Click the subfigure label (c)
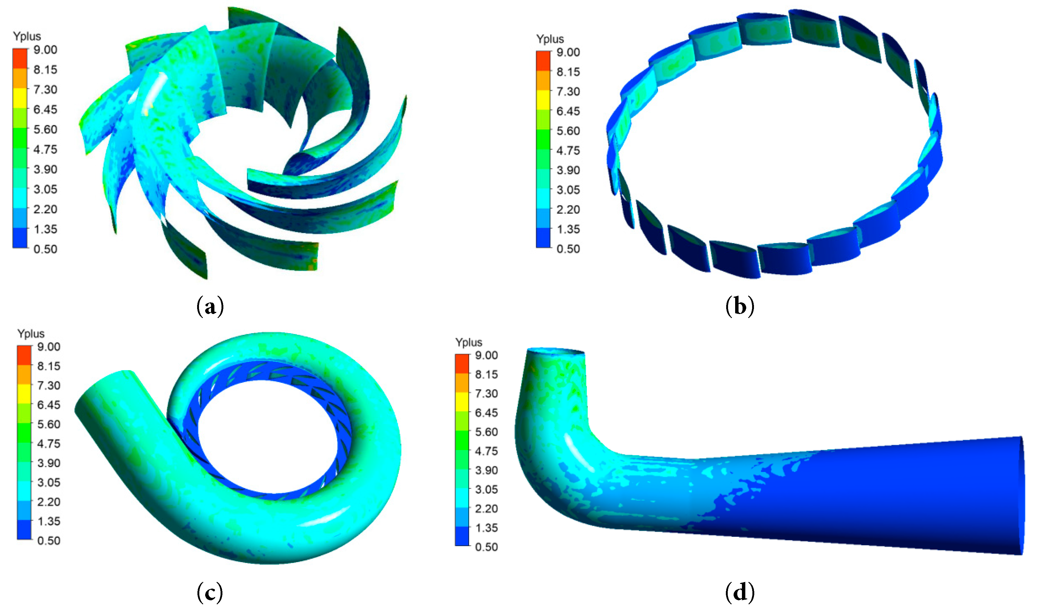tap(210, 592)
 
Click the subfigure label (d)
tap(740, 592)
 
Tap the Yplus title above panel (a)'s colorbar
tap(27, 36)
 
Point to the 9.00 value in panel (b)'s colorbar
tap(568, 52)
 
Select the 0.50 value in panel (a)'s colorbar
tap(45, 249)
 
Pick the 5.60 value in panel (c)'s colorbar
tap(49, 424)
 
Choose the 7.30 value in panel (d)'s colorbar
tap(486, 393)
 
